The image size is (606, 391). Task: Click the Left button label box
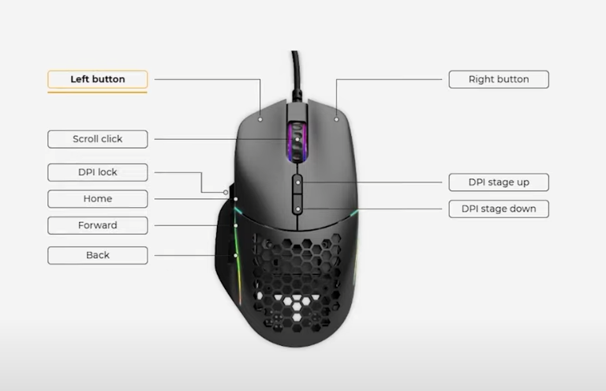[97, 79]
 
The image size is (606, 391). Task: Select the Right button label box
[498, 79]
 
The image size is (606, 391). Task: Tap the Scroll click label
[97, 139]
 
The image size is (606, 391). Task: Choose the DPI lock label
[97, 172]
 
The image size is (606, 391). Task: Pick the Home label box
[97, 199]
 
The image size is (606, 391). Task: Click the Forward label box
[97, 225]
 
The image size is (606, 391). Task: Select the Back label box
[97, 255]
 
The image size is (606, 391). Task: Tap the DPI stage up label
[498, 182]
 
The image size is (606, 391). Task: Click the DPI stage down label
[498, 209]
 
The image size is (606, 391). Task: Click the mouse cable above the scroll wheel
[295, 75]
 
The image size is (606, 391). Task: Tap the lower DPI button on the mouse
[298, 209]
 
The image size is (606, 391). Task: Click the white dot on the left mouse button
[260, 119]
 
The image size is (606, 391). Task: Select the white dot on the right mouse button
[336, 119]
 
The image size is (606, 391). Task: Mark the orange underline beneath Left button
[97, 92]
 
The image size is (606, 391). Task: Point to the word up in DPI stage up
[522, 182]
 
